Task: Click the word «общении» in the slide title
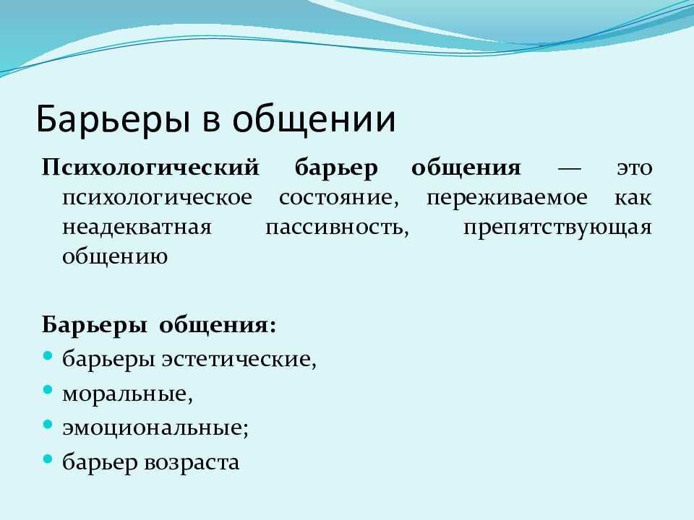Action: point(314,119)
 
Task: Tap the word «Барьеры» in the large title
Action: point(113,119)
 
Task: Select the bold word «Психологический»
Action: point(150,168)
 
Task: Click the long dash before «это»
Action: point(569,168)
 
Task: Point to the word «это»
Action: point(635,168)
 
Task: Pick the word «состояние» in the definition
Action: point(338,198)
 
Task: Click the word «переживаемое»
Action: point(507,199)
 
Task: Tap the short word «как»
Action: point(633,198)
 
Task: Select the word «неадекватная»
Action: point(137,227)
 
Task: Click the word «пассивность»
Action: point(338,227)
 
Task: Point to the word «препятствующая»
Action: point(557,228)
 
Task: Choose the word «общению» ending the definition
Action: point(115,257)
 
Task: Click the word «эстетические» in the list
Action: point(239,359)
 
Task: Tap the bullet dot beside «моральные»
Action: point(48,390)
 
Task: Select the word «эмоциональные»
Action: point(155,428)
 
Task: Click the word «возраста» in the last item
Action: point(192,463)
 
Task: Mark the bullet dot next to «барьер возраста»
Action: point(48,459)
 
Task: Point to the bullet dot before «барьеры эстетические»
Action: point(48,355)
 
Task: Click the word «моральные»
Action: point(127,394)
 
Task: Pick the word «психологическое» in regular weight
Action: point(157,198)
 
